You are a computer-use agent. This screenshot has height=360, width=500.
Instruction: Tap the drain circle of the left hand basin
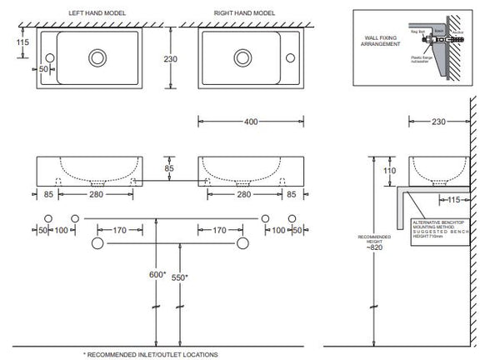tap(97, 57)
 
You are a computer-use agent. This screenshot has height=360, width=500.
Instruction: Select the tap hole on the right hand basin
tap(291, 57)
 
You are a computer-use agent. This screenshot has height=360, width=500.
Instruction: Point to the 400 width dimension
tap(250, 121)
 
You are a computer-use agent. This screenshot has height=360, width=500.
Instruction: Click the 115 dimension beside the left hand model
tap(22, 42)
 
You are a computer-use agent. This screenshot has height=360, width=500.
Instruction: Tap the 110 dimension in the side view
tap(389, 172)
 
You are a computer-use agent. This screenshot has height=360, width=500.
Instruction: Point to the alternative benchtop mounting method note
tap(439, 227)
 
